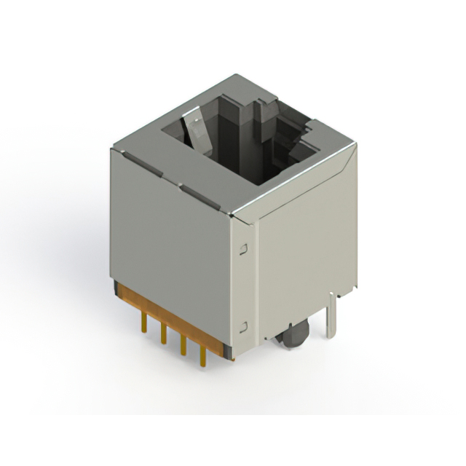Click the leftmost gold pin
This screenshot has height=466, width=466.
144,321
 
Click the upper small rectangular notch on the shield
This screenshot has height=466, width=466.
243,249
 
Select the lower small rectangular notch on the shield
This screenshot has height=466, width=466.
243,326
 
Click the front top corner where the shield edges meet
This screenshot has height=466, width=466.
232,215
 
